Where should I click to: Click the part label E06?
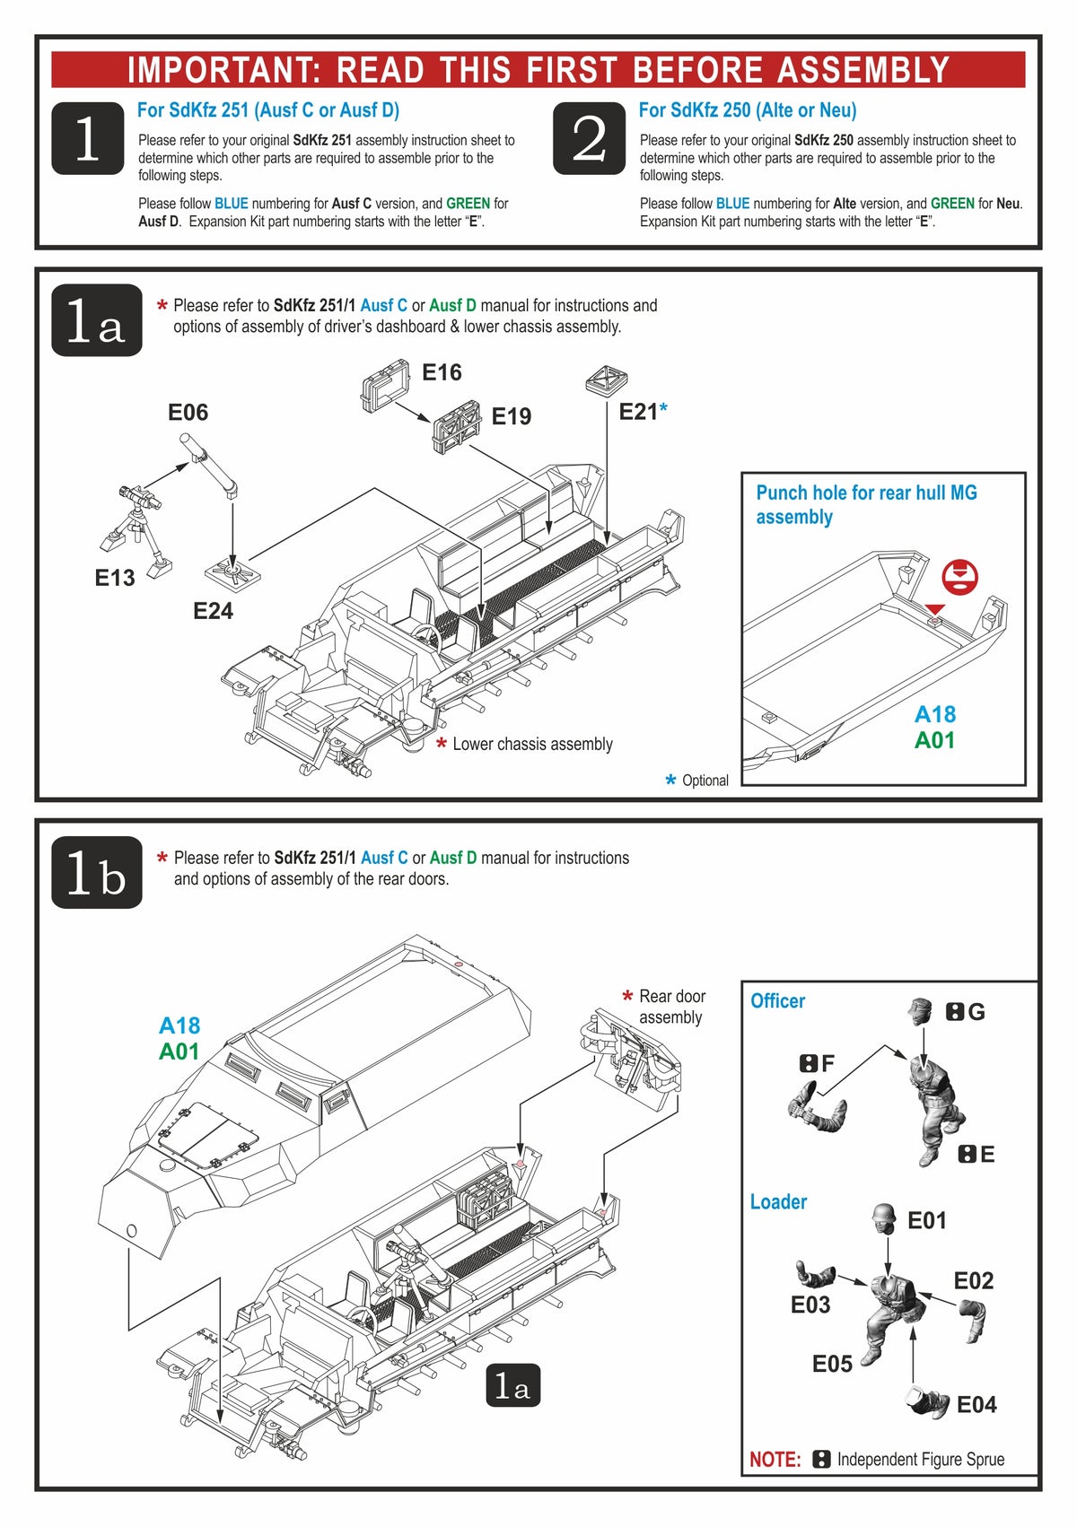188,413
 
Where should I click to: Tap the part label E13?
115,578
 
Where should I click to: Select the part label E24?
213,611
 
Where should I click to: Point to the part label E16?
442,372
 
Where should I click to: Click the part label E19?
511,416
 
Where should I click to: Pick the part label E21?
638,412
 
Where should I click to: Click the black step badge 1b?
97,873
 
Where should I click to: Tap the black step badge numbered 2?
589,138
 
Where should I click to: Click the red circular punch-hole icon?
960,576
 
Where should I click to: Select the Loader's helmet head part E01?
885,1217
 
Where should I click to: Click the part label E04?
976,1405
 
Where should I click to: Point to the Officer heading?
777,1001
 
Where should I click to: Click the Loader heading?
778,1202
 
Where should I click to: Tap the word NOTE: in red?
775,1460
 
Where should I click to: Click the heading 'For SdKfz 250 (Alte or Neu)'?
747,110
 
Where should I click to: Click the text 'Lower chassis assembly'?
532,744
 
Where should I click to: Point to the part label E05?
832,1365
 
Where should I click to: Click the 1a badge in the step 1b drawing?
512,1387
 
